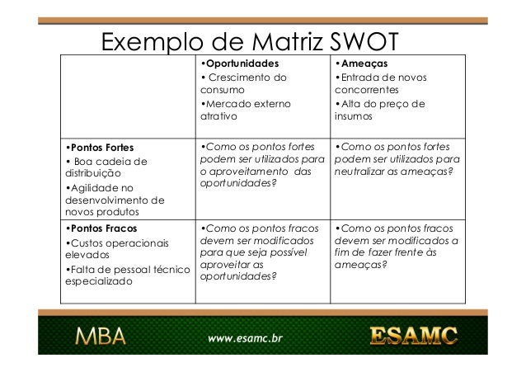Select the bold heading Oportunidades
pos(240,63)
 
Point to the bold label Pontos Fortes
pos(100,148)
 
